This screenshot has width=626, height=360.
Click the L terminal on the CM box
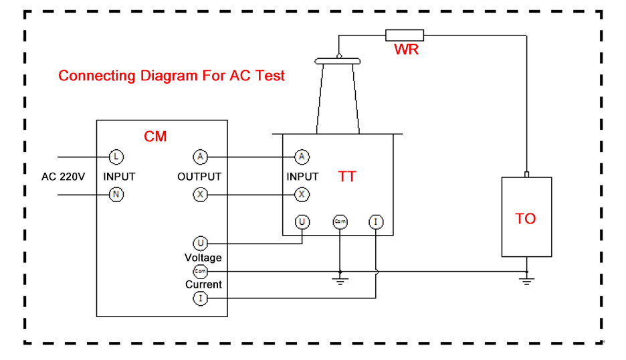click(116, 157)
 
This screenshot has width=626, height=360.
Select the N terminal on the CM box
click(116, 195)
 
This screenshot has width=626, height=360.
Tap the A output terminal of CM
click(200, 157)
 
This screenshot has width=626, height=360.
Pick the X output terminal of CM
click(200, 195)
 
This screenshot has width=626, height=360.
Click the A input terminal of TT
click(302, 157)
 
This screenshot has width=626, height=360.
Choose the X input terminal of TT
click(302, 195)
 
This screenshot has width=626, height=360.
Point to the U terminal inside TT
click(302, 221)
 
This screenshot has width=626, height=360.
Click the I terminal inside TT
click(376, 221)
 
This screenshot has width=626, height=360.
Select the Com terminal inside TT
click(339, 221)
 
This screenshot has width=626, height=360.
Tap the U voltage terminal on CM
click(200, 244)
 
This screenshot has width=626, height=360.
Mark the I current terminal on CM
click(200, 298)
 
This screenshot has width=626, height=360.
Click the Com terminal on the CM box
click(200, 271)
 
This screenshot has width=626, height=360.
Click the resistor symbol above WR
click(405, 35)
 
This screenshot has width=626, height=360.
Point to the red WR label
click(406, 50)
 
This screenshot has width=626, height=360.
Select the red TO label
click(526, 219)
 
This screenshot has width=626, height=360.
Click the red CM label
click(155, 137)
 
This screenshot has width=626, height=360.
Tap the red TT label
click(347, 177)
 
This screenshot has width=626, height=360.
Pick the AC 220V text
click(64, 177)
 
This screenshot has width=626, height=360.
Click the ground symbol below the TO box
click(527, 279)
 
